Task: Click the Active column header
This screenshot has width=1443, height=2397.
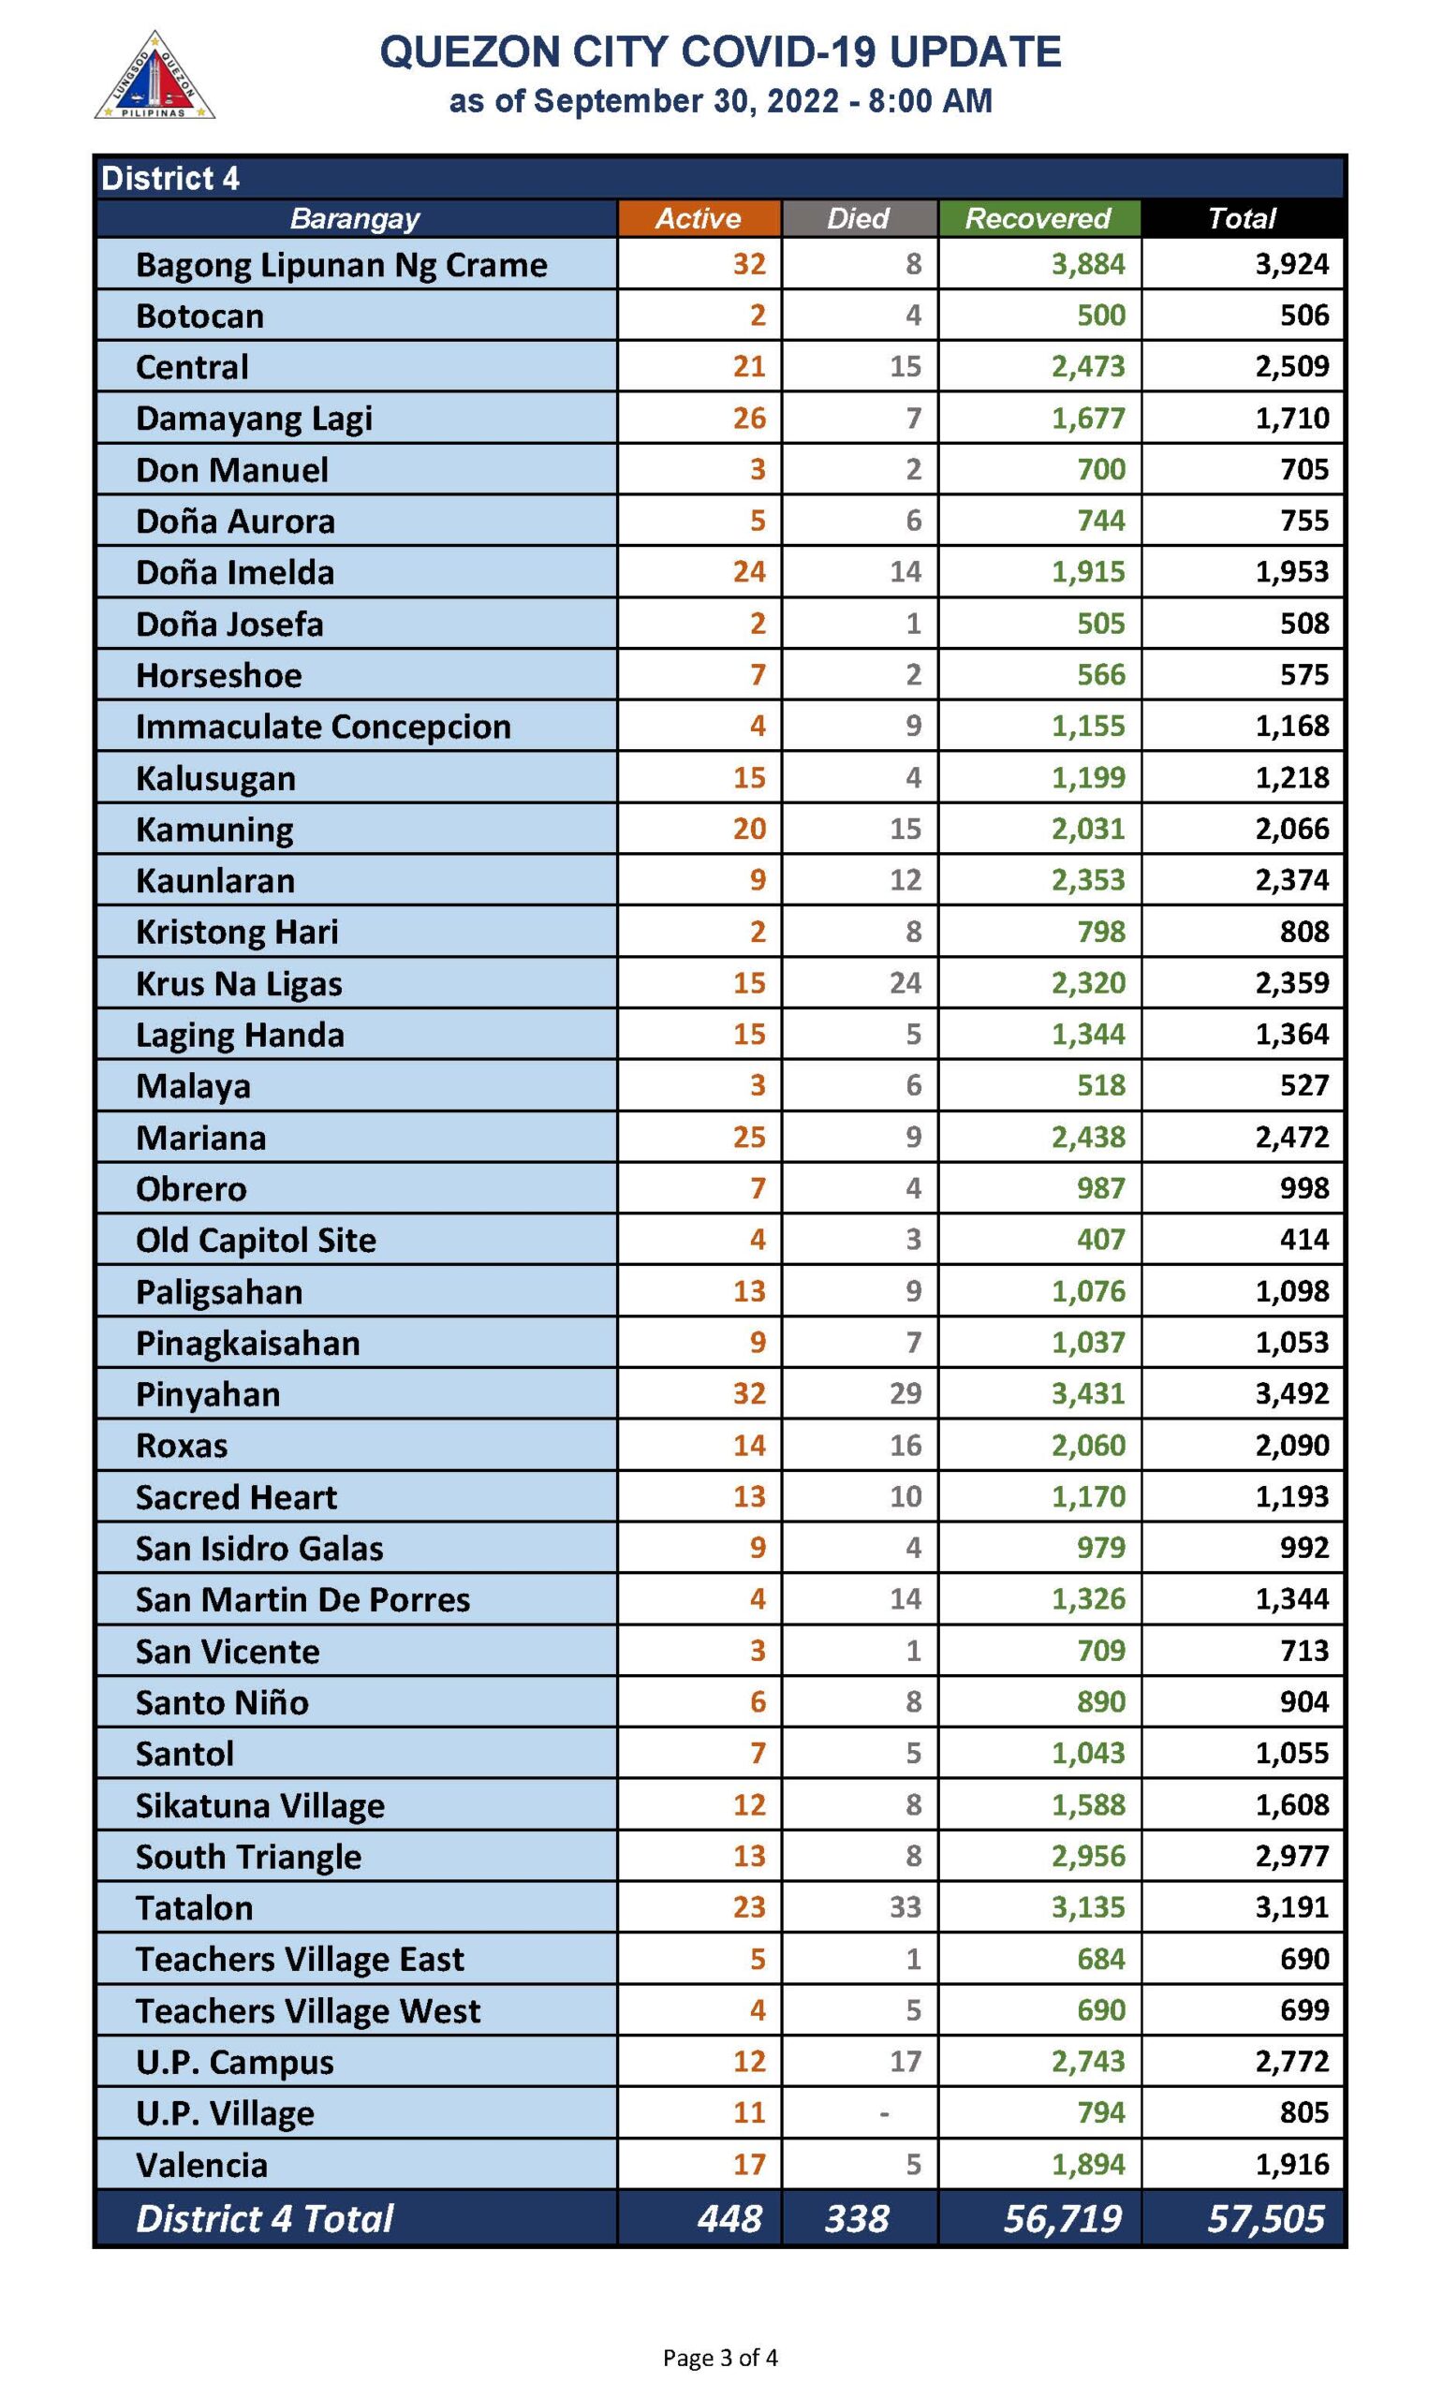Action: point(699,218)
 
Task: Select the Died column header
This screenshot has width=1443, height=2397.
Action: point(858,218)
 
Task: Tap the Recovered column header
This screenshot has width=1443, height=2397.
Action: point(1038,218)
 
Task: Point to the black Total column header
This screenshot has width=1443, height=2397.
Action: point(1241,218)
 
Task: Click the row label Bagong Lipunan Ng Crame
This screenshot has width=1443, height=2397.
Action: point(341,264)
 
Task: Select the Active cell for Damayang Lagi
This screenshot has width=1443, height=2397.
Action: point(749,418)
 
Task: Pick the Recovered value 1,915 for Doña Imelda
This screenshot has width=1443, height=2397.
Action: point(1088,571)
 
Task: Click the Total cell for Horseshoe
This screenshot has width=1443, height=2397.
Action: point(1304,674)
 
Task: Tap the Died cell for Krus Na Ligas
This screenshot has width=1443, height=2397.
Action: point(905,983)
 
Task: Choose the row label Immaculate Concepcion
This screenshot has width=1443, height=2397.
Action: point(323,726)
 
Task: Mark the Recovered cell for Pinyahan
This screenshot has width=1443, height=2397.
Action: point(1088,1393)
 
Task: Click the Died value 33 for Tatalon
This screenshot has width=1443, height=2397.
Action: point(905,1906)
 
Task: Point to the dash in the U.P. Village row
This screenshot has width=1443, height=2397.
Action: point(883,2112)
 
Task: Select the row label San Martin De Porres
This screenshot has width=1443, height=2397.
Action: point(302,1599)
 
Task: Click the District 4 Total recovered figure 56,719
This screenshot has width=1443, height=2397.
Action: point(1062,2217)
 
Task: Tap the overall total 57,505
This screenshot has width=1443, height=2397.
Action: point(1265,2217)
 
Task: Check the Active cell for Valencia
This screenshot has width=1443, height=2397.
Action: point(749,2164)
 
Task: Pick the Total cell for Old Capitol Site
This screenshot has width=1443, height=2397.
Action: point(1304,1240)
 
